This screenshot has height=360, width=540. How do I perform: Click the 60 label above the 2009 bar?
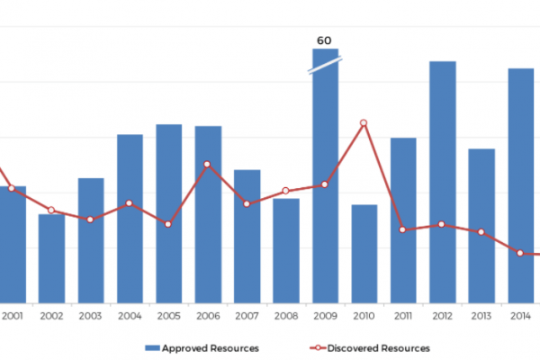(x=324, y=40)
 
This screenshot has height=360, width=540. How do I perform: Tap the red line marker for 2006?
(x=207, y=164)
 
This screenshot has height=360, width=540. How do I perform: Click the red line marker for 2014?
(x=520, y=253)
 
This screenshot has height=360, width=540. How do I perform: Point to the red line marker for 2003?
(x=90, y=220)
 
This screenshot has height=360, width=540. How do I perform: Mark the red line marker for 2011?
(x=403, y=229)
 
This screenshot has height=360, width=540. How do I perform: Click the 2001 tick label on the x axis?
(x=13, y=316)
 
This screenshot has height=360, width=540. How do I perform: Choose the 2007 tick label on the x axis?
(x=247, y=316)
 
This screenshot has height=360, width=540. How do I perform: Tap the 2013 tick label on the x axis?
(x=481, y=316)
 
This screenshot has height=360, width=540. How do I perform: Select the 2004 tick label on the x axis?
(x=130, y=316)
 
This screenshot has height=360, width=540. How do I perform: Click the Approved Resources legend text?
(x=214, y=347)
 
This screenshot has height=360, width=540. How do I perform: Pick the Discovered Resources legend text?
(x=379, y=347)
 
